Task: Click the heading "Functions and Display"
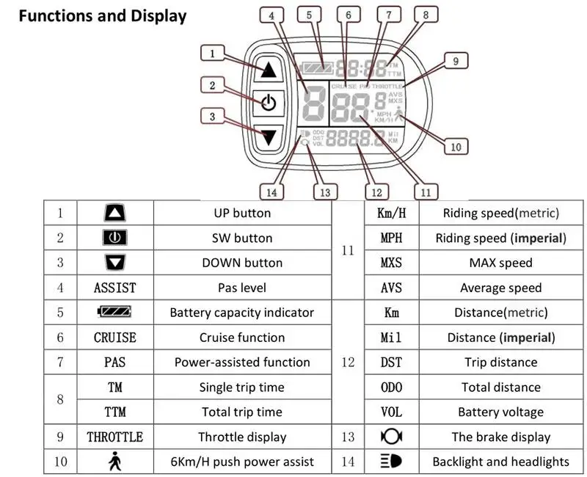click(103, 16)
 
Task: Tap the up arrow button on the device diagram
click(268, 70)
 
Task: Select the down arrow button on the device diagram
click(268, 136)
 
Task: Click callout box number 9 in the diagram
click(456, 62)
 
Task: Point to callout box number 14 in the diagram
click(272, 192)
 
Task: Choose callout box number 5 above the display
click(309, 14)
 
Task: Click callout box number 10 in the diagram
click(456, 147)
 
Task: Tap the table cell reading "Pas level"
click(242, 288)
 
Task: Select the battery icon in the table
click(114, 312)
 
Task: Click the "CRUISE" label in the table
click(114, 338)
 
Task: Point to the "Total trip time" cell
click(242, 412)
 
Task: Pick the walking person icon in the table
click(114, 462)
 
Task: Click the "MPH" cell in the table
click(391, 238)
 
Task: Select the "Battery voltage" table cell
click(500, 412)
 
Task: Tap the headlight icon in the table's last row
click(391, 462)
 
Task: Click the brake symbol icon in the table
click(391, 437)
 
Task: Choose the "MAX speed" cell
click(500, 263)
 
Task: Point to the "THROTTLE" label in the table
click(114, 437)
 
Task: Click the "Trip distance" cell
click(500, 362)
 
